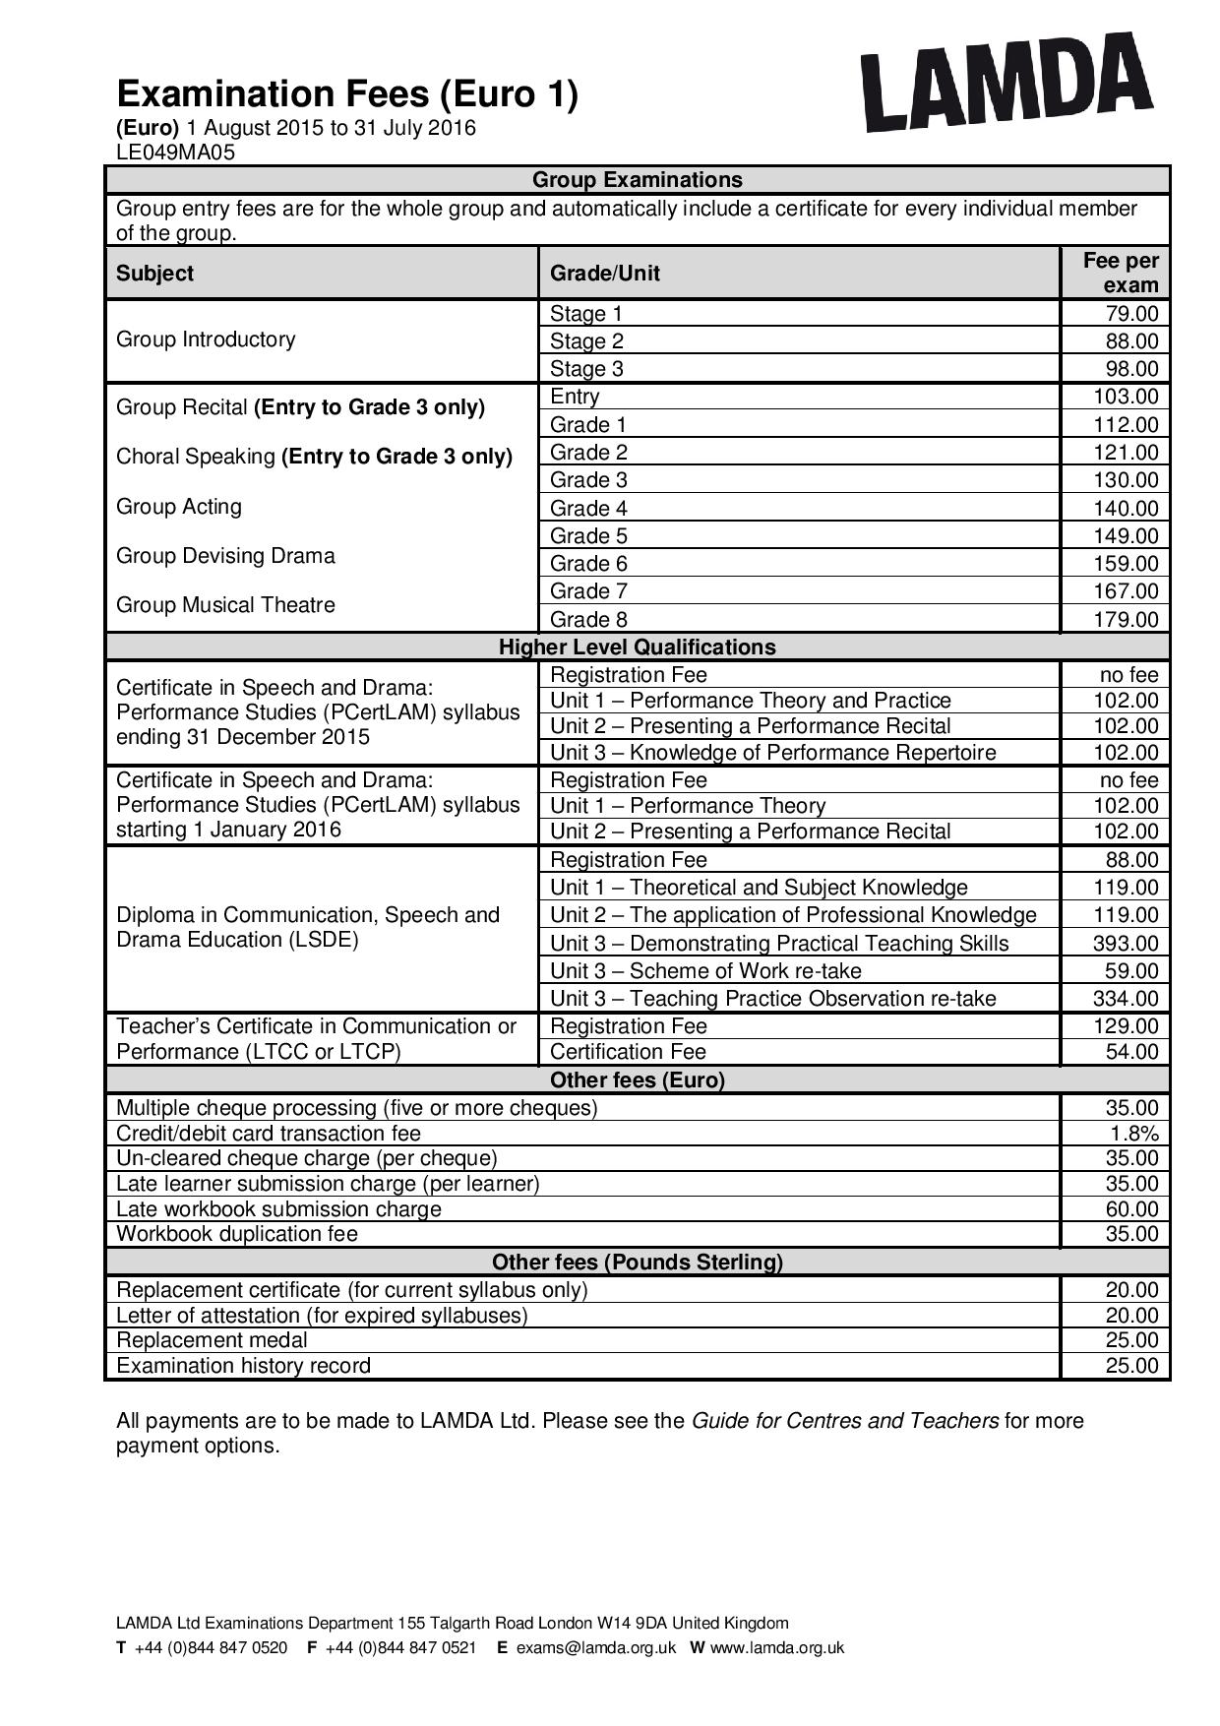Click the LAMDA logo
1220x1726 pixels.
click(1006, 83)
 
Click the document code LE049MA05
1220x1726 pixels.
click(175, 152)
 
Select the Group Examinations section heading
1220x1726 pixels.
click(637, 180)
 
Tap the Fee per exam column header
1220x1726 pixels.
click(1120, 273)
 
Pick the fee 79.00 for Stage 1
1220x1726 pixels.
click(1131, 314)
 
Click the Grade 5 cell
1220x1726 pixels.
click(588, 536)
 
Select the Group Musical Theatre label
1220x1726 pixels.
click(225, 605)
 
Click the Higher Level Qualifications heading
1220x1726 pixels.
click(637, 647)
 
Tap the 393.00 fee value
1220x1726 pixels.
click(1127, 944)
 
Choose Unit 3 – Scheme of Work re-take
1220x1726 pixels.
click(705, 971)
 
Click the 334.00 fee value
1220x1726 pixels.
click(1127, 999)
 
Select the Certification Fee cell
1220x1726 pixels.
click(628, 1052)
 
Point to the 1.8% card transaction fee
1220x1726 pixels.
click(1134, 1134)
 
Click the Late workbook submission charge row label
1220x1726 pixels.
click(278, 1209)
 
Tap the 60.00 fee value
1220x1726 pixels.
click(1131, 1209)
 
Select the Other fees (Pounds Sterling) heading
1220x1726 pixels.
click(637, 1263)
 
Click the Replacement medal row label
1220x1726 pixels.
click(212, 1340)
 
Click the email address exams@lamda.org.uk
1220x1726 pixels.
click(595, 1648)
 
